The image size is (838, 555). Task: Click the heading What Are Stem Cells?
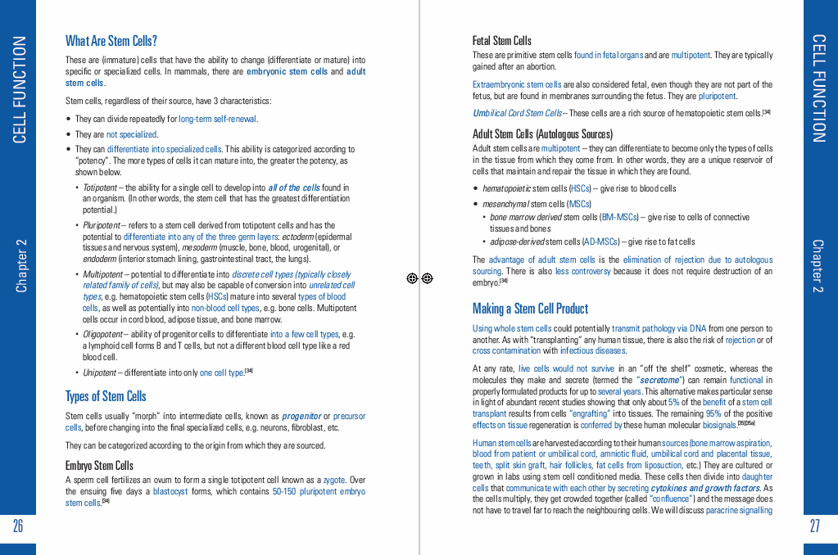tap(111, 41)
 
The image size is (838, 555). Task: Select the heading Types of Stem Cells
tap(106, 396)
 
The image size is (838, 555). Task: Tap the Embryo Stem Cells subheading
tap(99, 465)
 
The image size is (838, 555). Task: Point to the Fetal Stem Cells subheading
tap(501, 40)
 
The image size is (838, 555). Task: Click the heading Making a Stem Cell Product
tap(530, 309)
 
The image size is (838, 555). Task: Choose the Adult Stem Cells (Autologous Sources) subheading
tap(542, 133)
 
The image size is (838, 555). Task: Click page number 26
tap(18, 526)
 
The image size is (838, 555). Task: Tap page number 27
tap(814, 526)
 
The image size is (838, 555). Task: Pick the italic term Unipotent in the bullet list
tap(100, 372)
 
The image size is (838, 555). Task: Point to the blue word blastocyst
tap(172, 491)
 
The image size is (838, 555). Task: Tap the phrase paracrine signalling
tap(739, 510)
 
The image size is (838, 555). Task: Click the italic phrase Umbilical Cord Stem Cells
tap(517, 113)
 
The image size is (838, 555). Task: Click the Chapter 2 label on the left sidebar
tap(22, 265)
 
